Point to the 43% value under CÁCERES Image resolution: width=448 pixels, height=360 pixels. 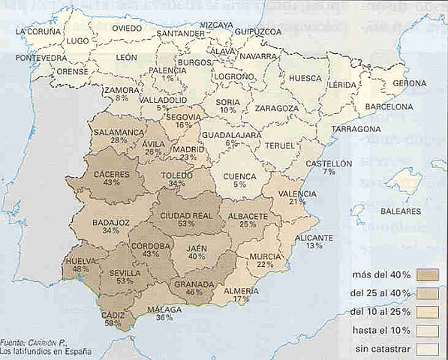tap(111, 182)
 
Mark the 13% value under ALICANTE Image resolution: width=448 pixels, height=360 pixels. tap(314, 245)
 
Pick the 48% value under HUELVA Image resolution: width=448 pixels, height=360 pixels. tap(81, 268)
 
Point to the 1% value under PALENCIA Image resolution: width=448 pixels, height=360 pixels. tap(167, 79)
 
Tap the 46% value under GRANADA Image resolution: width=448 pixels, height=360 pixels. tap(194, 292)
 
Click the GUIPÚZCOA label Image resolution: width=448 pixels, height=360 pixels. tap(257, 31)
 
